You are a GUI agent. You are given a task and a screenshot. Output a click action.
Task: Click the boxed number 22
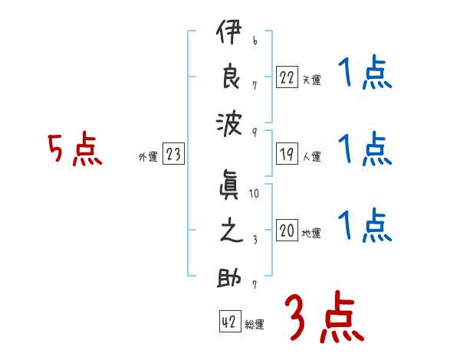(x=287, y=78)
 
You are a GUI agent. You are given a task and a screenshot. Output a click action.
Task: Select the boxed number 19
(x=287, y=154)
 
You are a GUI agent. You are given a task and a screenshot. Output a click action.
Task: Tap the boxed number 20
(x=287, y=231)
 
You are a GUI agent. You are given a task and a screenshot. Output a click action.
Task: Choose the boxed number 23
(x=173, y=155)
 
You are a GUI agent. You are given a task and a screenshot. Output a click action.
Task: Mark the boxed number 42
(x=228, y=322)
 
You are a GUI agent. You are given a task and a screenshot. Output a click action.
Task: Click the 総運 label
(x=254, y=325)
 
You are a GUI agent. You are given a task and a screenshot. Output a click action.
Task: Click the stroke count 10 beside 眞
(x=254, y=195)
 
